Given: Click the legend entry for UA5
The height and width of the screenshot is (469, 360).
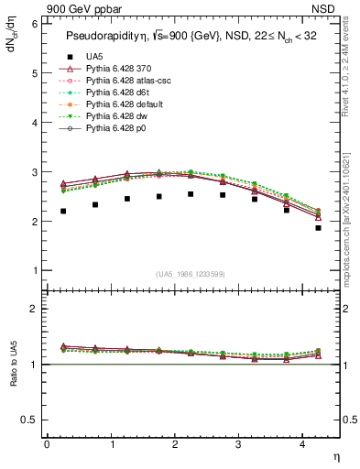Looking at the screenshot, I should (x=93, y=57).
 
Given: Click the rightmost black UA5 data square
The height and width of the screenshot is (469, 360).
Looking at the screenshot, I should (x=318, y=228).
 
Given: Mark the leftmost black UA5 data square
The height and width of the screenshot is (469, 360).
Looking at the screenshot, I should (x=63, y=211).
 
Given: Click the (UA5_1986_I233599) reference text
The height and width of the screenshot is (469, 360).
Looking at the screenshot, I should (x=191, y=274).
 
